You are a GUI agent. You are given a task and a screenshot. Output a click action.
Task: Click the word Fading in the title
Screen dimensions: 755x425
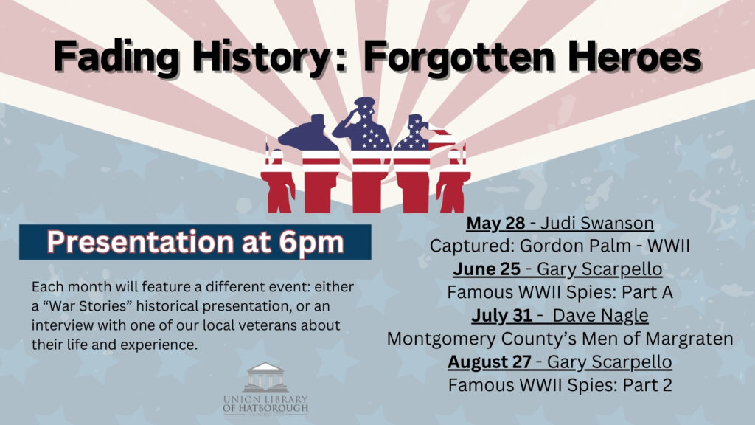(x=116, y=58)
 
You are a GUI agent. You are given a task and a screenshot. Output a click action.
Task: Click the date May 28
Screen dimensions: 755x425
(x=495, y=223)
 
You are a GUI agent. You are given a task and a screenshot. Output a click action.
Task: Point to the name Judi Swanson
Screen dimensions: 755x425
(x=597, y=223)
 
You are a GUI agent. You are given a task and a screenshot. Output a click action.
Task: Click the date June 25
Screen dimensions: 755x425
(x=487, y=269)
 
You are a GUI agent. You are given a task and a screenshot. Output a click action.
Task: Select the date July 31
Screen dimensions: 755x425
(x=501, y=315)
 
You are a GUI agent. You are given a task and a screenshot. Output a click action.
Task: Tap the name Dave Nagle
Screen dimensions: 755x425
(x=600, y=316)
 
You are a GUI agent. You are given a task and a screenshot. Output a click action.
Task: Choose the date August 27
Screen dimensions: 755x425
(x=490, y=362)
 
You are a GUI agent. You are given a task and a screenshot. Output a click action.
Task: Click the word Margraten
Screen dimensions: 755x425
(x=689, y=339)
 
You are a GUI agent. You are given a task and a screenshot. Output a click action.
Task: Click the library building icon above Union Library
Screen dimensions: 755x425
(x=265, y=377)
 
